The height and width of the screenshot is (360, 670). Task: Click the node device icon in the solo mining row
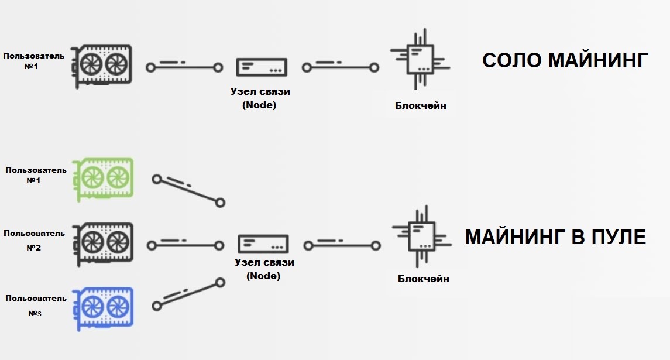(x=262, y=67)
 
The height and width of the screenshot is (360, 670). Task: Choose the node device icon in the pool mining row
(x=263, y=244)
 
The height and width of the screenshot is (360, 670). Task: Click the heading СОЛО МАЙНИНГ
(x=565, y=60)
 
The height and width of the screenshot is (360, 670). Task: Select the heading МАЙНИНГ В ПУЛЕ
(x=555, y=237)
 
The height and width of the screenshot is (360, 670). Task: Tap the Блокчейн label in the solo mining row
(x=420, y=106)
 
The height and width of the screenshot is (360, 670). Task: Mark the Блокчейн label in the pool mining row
(x=423, y=279)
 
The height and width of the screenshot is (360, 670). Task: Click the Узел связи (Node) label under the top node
(x=259, y=98)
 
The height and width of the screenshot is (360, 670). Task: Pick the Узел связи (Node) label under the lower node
(x=264, y=269)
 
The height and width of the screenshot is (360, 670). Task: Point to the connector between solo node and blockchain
(x=340, y=67)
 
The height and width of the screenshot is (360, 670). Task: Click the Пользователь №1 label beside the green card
(x=36, y=175)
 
